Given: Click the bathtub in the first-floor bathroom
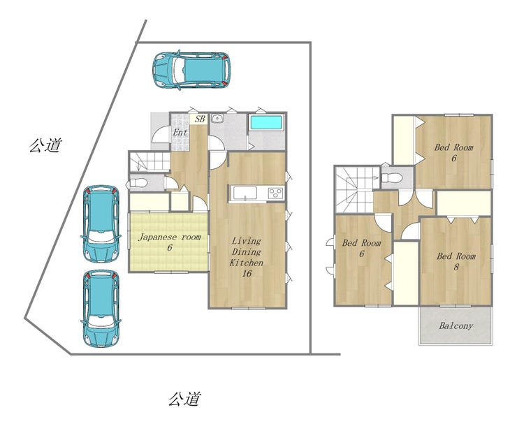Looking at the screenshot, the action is pos(266,122).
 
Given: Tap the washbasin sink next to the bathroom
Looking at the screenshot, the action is pos(217,119).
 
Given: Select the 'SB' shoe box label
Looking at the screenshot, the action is pos(200,119).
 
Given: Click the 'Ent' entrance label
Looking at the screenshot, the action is pos(180,133).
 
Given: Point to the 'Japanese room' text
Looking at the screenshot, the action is pos(169,237).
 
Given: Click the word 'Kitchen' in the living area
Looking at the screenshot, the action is pos(247,263).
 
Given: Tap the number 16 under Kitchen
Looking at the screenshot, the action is pos(247,273).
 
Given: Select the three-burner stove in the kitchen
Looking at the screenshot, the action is pos(276,193).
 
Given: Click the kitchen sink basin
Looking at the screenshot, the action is pos(245,193).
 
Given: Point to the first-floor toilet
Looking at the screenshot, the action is pos(138,183).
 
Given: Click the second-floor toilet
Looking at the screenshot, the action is pos(392,178).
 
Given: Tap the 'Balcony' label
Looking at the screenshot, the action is pos(456,326).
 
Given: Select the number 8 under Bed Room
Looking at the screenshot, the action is pos(456,267).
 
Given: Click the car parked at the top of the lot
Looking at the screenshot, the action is pos(191,70).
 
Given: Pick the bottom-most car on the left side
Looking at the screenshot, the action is pos(101,309).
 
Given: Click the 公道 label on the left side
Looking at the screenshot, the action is pos(45,145).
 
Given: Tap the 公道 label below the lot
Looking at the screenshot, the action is pos(184,399).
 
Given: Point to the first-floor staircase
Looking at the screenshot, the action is pos(149,162).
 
